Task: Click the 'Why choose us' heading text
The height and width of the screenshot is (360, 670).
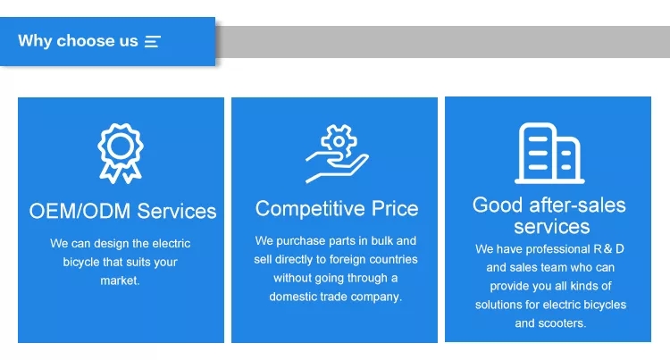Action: [78, 41]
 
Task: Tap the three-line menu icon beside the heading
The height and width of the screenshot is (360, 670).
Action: [153, 41]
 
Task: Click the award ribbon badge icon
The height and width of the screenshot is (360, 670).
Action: [121, 154]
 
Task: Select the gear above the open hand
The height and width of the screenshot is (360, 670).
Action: [339, 140]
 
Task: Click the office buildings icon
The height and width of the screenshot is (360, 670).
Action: [549, 154]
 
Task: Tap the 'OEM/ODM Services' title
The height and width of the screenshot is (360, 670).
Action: [122, 211]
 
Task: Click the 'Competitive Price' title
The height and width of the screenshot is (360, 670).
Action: [337, 208]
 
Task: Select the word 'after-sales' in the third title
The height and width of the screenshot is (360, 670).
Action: [577, 205]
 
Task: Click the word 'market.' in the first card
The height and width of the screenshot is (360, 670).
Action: [120, 280]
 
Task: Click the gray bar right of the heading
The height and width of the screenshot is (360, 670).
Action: [443, 42]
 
